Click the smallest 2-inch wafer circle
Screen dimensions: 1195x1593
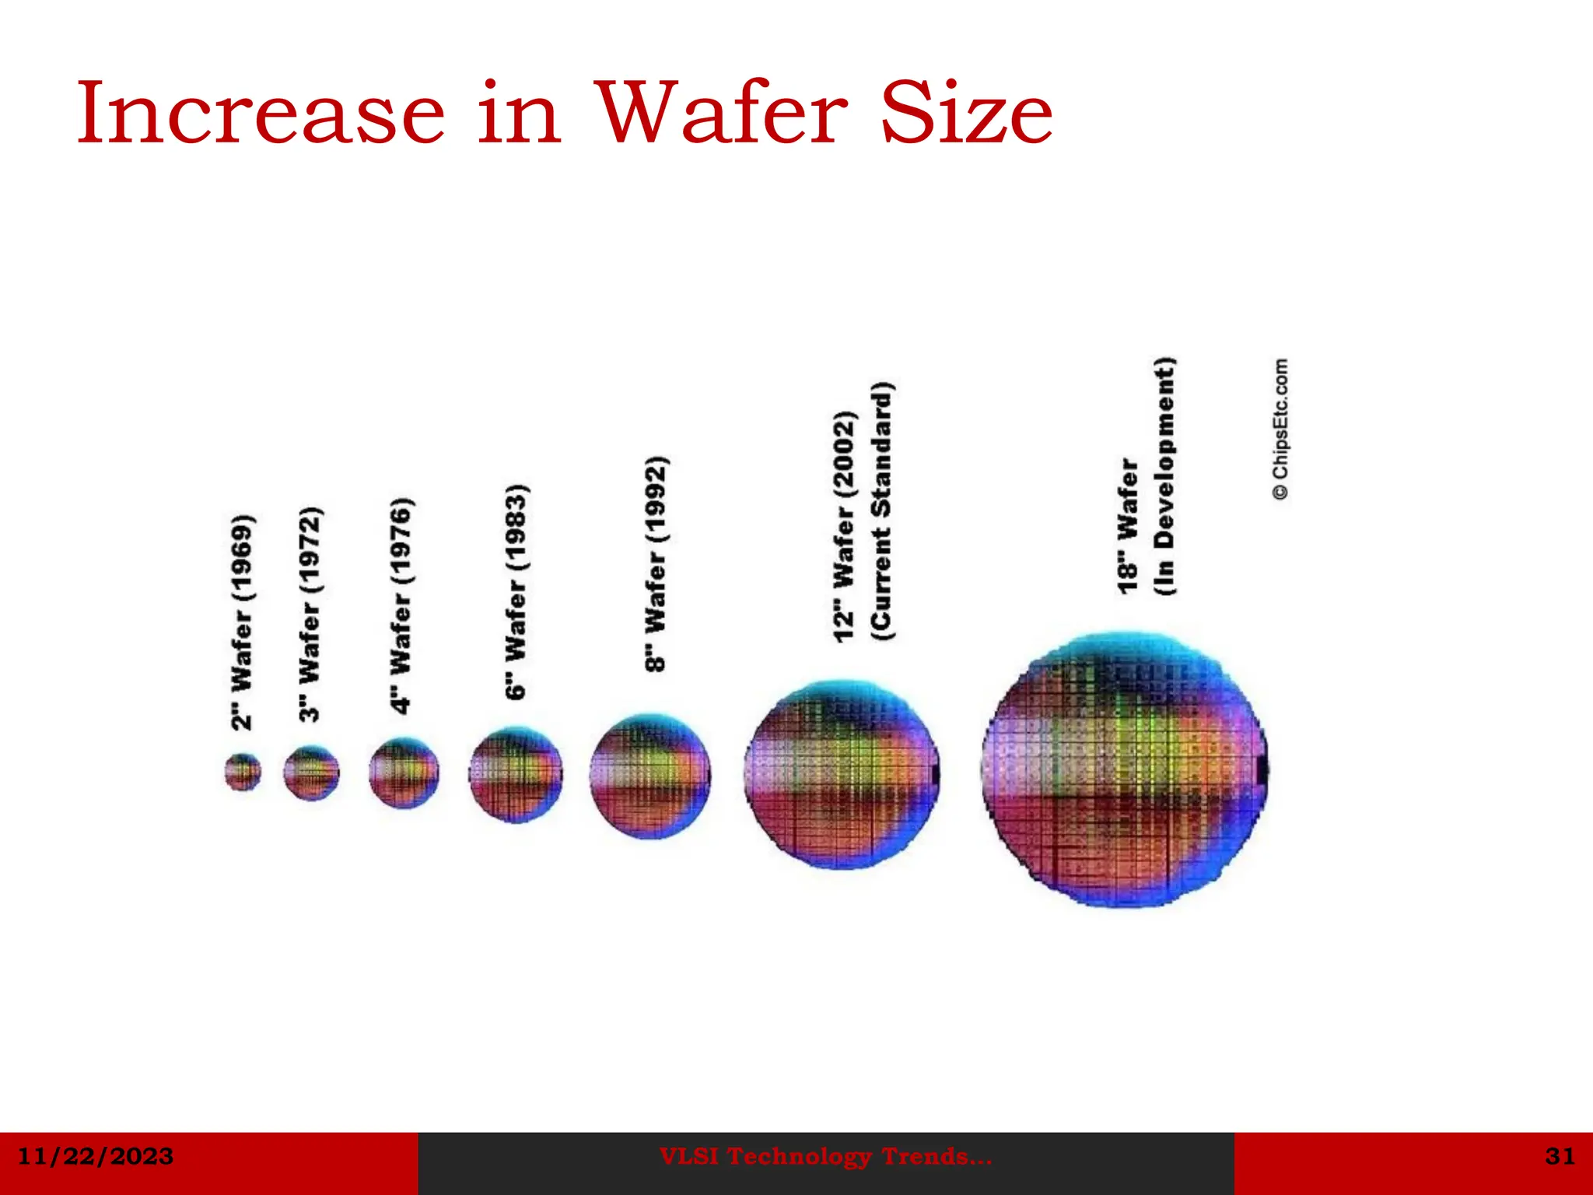point(243,772)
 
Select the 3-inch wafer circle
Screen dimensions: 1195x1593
point(311,773)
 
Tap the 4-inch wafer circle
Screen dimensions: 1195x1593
point(404,773)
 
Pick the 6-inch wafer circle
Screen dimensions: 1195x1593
point(516,774)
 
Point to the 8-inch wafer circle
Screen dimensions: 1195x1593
point(649,776)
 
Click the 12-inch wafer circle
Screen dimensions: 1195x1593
point(842,774)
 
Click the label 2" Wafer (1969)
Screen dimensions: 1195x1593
point(243,622)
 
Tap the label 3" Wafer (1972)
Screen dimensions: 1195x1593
point(310,614)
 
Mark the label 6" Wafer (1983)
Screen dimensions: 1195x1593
point(516,591)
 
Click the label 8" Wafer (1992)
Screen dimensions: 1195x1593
point(656,564)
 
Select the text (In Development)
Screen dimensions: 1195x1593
point(1164,476)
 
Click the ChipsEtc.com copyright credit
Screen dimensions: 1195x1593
point(1280,429)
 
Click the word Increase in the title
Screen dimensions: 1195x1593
point(261,114)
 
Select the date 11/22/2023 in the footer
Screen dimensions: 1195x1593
point(95,1156)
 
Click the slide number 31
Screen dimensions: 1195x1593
point(1560,1156)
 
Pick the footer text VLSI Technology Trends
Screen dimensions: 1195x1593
point(825,1157)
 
